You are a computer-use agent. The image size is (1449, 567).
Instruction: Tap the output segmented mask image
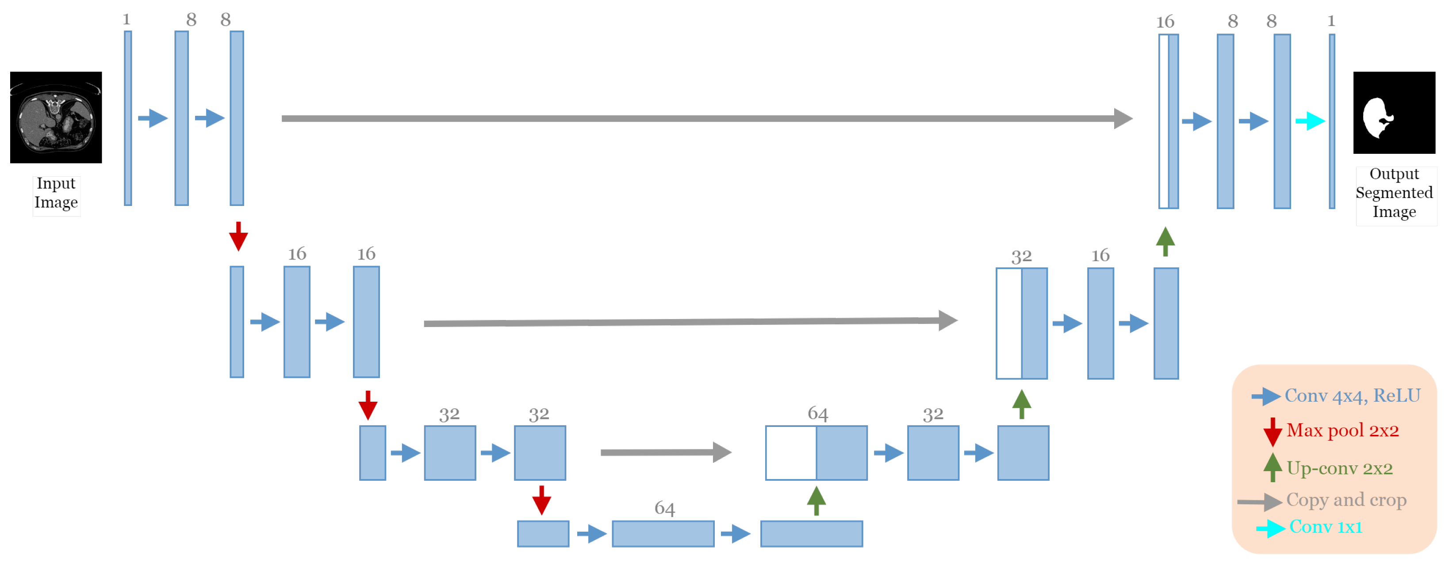point(1393,112)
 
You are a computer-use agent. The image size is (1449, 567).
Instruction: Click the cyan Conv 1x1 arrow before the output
point(1310,121)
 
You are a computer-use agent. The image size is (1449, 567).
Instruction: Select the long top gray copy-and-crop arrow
point(703,118)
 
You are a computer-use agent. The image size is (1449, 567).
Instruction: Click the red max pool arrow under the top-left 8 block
point(238,236)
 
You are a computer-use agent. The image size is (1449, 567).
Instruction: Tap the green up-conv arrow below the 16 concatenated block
point(1165,242)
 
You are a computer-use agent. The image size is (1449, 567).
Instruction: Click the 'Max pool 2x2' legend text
point(1342,430)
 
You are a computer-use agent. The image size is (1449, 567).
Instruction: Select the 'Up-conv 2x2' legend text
point(1339,468)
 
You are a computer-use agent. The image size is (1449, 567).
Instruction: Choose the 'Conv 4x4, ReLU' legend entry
point(1352,396)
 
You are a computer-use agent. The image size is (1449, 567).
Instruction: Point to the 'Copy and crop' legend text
point(1345,499)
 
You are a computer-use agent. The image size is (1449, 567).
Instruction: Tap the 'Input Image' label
point(56,193)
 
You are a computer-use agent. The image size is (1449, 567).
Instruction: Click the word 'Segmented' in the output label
point(1393,193)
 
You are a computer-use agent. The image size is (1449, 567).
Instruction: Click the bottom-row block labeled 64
point(663,533)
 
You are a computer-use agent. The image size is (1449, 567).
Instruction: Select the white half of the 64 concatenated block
point(790,453)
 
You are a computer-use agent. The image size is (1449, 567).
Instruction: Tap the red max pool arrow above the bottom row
point(541,500)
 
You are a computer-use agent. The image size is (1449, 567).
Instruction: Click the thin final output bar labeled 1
point(1331,121)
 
